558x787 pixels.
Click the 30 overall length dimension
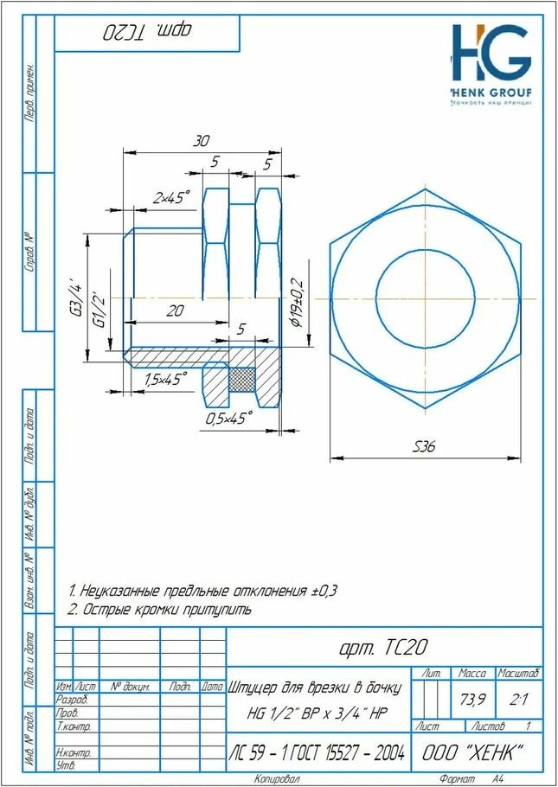point(200,141)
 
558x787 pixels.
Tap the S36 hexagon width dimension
point(424,447)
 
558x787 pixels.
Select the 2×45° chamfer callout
point(171,198)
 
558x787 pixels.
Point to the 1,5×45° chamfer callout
point(166,379)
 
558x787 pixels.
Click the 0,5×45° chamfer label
point(228,418)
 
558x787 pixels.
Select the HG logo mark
point(490,53)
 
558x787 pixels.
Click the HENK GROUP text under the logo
point(491,93)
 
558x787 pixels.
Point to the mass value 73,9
point(471,699)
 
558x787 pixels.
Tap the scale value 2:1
point(519,699)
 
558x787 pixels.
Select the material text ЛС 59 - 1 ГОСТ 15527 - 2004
point(317,753)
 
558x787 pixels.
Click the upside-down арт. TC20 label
point(147,33)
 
